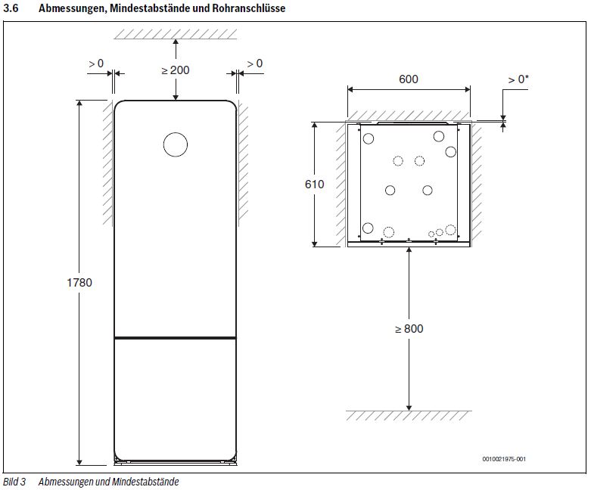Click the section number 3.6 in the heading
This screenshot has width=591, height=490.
click(11, 8)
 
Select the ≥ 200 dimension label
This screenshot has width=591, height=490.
click(176, 70)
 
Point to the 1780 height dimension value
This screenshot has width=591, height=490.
click(79, 283)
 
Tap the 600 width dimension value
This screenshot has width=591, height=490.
click(408, 79)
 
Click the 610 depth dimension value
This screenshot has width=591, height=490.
click(314, 185)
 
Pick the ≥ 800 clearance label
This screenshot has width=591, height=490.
click(409, 329)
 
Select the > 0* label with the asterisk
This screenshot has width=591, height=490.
click(518, 79)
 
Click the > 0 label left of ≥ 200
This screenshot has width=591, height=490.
click(96, 64)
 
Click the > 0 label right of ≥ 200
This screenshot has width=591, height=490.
click(255, 64)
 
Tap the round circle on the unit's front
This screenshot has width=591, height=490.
click(176, 144)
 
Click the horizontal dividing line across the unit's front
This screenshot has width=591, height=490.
click(176, 336)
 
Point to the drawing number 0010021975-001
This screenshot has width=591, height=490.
click(503, 459)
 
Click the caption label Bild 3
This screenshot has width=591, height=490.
click(14, 482)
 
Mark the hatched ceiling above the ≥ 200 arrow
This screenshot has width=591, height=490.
click(176, 34)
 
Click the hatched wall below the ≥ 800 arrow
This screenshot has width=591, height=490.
click(409, 416)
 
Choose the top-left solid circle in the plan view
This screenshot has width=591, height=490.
click(369, 138)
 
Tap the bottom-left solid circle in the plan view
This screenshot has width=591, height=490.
click(368, 228)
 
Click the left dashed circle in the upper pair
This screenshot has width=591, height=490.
click(398, 161)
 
